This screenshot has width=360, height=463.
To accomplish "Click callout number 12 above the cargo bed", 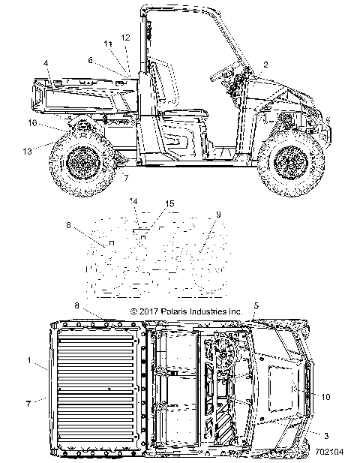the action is [125, 38].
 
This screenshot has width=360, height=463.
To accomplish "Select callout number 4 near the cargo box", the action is [46, 63].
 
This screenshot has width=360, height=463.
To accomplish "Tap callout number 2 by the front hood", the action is [265, 65].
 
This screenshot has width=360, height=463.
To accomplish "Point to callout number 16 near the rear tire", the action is [32, 122].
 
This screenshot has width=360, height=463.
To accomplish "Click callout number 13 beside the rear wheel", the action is [28, 151].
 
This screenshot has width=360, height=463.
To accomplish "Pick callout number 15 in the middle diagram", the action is [169, 204].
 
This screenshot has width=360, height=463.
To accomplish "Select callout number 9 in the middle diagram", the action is [218, 215].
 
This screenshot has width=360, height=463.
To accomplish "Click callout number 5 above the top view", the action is [256, 306].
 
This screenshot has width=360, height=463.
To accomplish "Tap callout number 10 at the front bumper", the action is [325, 397].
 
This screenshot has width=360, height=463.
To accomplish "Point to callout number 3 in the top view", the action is [326, 436].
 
